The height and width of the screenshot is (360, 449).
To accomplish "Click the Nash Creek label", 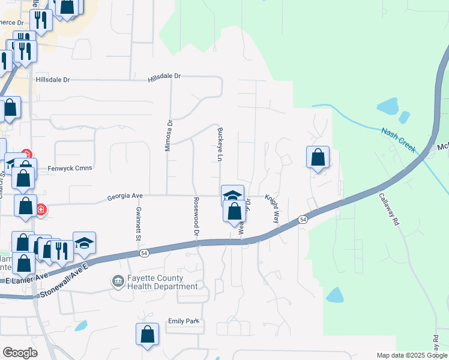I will click(399, 139).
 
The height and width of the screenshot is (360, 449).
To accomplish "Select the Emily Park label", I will click(183, 322).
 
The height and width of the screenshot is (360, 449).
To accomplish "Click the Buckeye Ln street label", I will click(220, 145).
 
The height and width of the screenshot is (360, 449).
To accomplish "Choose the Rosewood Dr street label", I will click(196, 215).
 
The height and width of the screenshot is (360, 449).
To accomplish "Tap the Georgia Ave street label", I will click(125, 196).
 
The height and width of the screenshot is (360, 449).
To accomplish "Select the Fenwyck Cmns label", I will click(70, 168).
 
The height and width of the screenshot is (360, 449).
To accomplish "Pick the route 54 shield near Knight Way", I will click(303, 220).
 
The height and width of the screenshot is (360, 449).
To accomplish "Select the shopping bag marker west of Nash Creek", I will click(318, 158).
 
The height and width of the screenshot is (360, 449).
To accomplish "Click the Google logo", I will click(20, 353).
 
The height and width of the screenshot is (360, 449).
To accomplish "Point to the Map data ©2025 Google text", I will click(411, 355).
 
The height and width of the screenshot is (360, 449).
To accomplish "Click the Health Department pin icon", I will click(118, 280).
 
